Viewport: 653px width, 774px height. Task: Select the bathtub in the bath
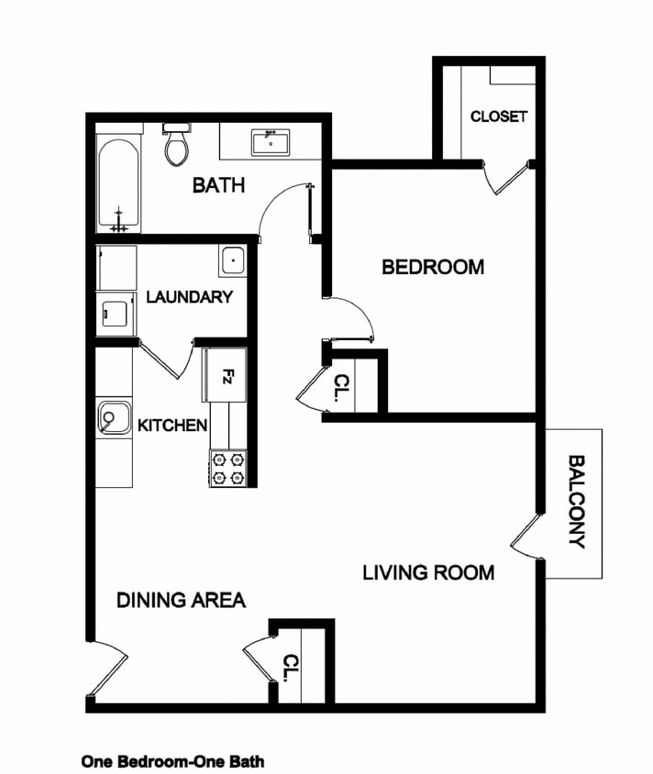click(x=119, y=184)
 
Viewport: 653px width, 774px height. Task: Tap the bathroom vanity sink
click(x=271, y=143)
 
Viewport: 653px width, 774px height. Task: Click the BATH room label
click(x=218, y=185)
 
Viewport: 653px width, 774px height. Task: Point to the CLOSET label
click(x=498, y=116)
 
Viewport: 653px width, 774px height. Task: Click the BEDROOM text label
click(x=432, y=268)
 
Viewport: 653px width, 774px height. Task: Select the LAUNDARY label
click(x=189, y=297)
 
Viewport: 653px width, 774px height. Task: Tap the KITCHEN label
click(x=172, y=426)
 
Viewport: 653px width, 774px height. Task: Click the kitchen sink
click(x=114, y=418)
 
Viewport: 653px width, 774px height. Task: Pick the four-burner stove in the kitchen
click(x=228, y=468)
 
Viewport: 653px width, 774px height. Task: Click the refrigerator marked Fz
click(x=226, y=374)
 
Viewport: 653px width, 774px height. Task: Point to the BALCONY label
click(x=576, y=502)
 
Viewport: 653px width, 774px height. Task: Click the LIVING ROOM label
click(x=428, y=573)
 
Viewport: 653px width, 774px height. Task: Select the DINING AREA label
click(x=181, y=601)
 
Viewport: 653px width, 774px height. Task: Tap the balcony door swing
click(x=526, y=537)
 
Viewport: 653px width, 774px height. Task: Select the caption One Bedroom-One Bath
click(x=172, y=761)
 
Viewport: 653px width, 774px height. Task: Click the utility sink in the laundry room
click(x=232, y=261)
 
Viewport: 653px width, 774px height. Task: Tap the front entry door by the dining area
click(x=108, y=669)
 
